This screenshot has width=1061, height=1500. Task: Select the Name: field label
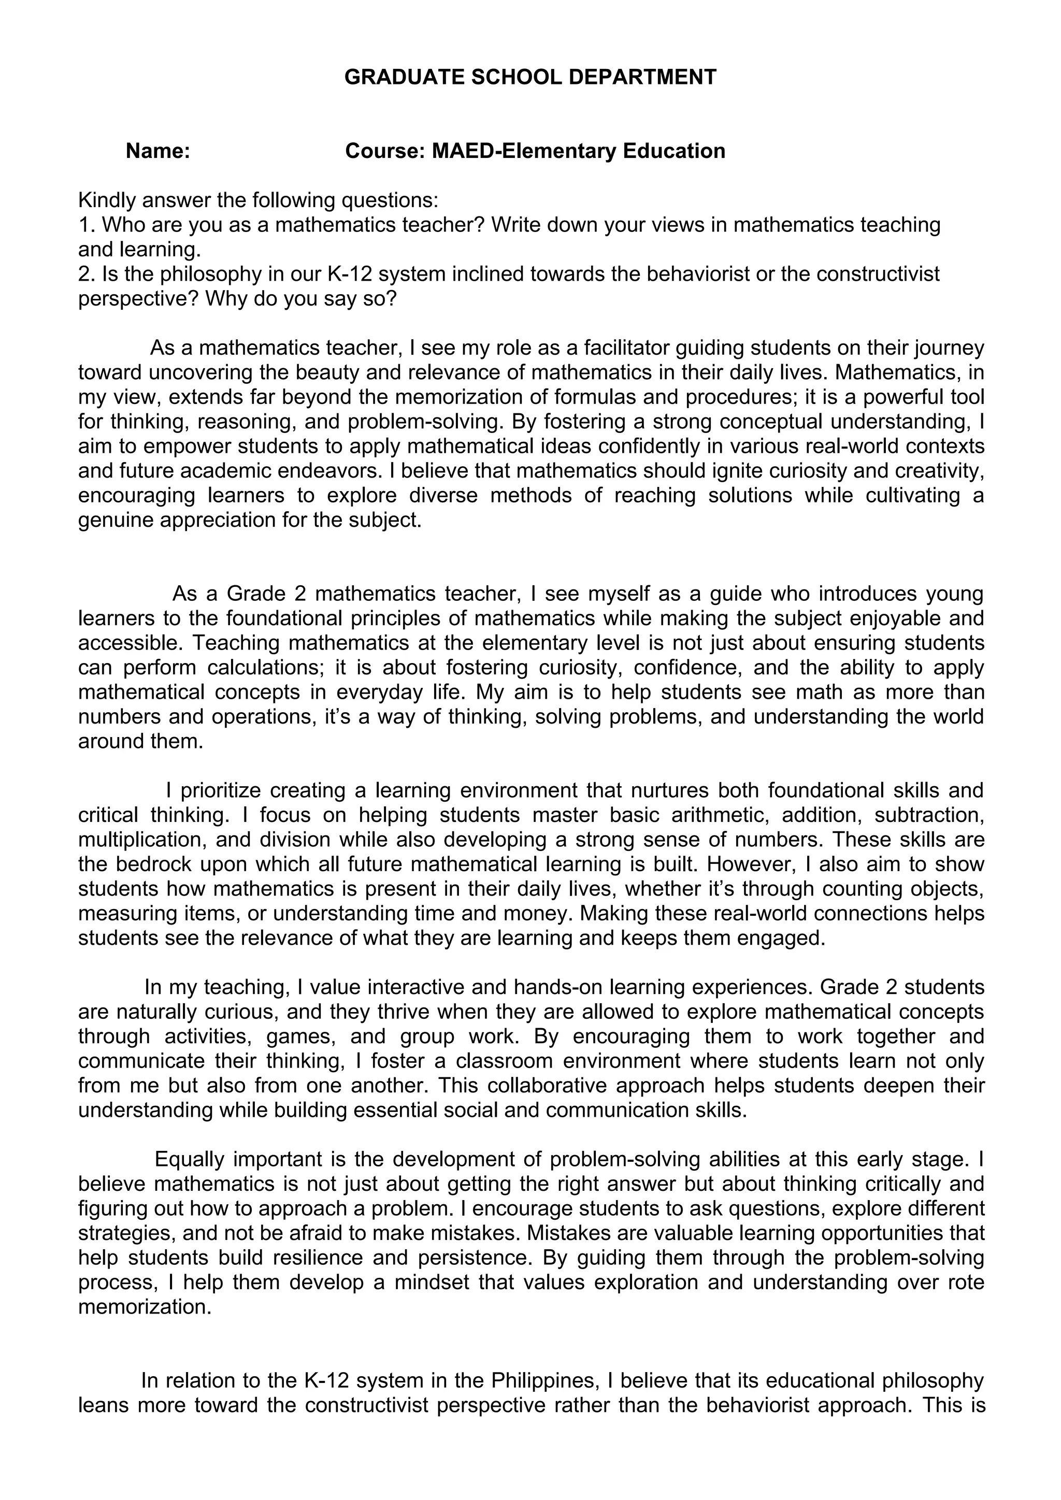[x=157, y=151]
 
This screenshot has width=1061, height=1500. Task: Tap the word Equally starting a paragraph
[x=190, y=1159]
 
